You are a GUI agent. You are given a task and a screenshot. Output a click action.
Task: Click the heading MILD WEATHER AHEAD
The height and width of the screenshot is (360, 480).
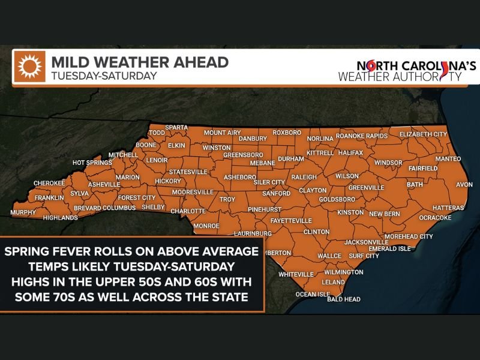click(139, 62)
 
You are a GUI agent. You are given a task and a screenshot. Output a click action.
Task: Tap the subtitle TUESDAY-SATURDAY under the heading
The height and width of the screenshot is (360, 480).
click(103, 76)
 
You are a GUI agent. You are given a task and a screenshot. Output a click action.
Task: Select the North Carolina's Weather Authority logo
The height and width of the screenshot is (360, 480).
click(409, 71)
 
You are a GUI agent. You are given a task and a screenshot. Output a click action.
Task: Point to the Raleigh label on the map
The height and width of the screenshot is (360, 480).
click(303, 177)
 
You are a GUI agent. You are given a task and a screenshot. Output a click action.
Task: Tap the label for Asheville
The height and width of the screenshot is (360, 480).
click(104, 184)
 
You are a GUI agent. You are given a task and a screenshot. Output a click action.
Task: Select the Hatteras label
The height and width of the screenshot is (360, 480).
click(447, 208)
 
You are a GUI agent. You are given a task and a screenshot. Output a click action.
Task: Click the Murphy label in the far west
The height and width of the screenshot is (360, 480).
click(23, 213)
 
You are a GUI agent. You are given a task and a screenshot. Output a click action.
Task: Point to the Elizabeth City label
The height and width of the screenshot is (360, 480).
click(423, 134)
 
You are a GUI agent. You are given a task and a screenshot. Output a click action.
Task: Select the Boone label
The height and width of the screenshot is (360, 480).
click(146, 145)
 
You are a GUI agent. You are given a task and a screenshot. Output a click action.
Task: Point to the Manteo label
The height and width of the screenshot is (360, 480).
click(448, 158)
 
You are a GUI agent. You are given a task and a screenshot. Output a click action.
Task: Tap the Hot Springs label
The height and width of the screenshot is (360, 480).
click(92, 163)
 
